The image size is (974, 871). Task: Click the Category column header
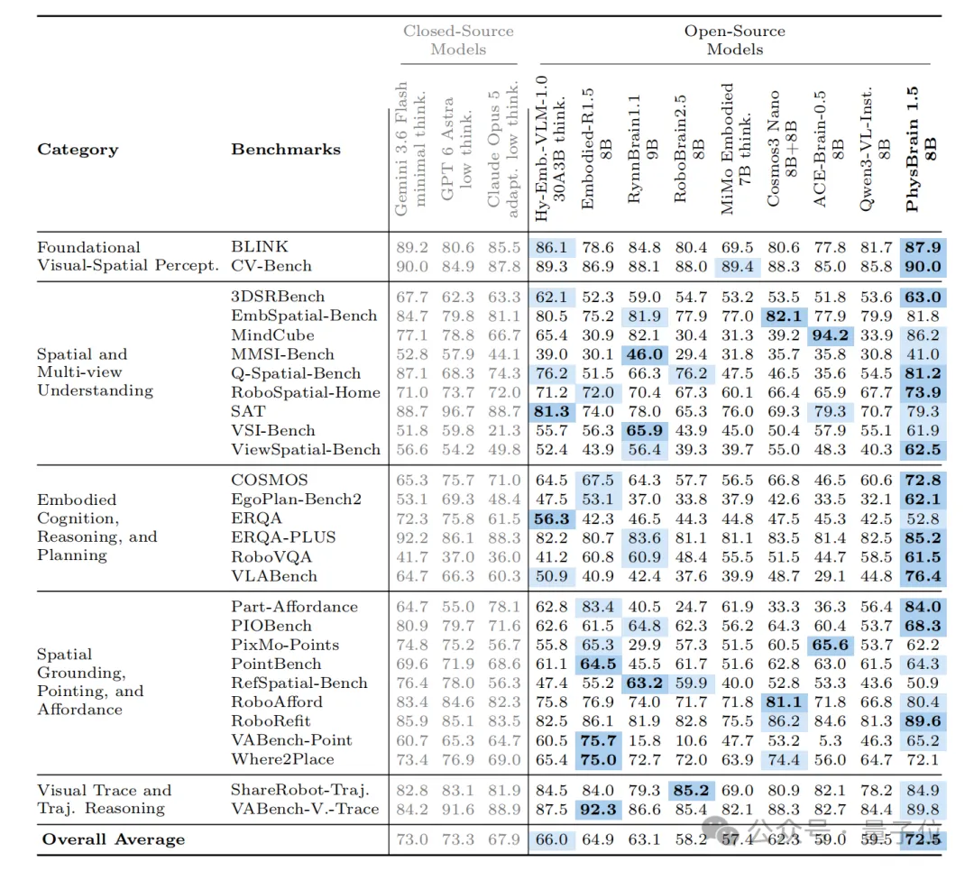[78, 150]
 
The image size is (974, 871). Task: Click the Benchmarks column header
[286, 149]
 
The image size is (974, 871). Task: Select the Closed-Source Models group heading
[458, 40]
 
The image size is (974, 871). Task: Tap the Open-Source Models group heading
[735, 40]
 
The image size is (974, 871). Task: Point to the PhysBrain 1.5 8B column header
[921, 150]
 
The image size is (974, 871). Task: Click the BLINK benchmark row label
[260, 247]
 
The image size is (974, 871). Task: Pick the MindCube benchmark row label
[272, 335]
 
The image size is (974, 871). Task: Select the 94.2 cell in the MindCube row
[830, 335]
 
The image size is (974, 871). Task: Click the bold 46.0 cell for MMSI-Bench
[644, 354]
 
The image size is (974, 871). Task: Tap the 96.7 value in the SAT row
[458, 411]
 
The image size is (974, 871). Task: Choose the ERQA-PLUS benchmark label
[283, 537]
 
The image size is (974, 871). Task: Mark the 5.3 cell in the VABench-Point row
[830, 740]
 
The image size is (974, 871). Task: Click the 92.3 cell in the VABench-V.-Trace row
[598, 809]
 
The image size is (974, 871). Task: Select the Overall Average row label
[114, 839]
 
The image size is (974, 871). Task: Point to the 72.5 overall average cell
[923, 839]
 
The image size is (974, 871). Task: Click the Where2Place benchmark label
[282, 759]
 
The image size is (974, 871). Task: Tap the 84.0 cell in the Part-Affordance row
[923, 606]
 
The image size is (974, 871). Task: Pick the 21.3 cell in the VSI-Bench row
[504, 430]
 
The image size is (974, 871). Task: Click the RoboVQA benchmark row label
[271, 556]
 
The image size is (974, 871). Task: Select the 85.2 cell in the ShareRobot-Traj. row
[691, 790]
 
